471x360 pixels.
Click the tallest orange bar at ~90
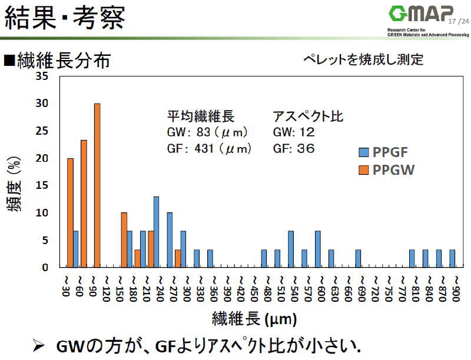pyautogui.click(x=97, y=185)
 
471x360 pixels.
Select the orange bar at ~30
pyautogui.click(x=71, y=212)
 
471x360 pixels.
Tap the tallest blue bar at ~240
pyautogui.click(x=156, y=232)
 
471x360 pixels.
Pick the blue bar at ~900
pyautogui.click(x=452, y=258)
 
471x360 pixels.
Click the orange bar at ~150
pyautogui.click(x=124, y=240)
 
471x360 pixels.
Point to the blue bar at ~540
pyautogui.click(x=291, y=249)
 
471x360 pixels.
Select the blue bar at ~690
pyautogui.click(x=358, y=258)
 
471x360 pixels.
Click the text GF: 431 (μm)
pyautogui.click(x=209, y=148)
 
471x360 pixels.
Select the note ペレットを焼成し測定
pyautogui.click(x=363, y=59)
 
